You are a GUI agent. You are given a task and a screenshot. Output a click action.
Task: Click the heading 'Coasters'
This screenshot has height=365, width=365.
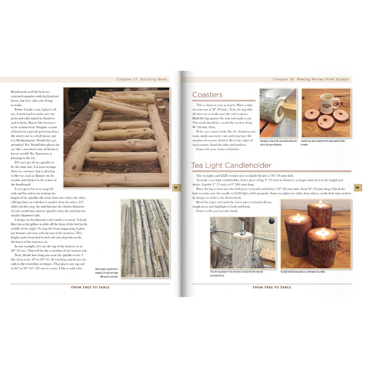(x=207, y=95)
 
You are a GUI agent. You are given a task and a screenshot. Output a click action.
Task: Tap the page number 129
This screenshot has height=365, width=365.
(x=175, y=187)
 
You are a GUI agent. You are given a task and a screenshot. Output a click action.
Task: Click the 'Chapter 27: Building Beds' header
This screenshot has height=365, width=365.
(x=142, y=79)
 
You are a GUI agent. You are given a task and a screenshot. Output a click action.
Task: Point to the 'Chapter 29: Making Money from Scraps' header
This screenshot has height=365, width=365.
(x=311, y=79)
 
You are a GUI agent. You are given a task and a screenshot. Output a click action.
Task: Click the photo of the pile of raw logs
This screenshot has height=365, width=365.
(x=145, y=238)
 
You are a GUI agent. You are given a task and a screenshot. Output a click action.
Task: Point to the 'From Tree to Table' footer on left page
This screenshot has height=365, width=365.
(x=90, y=287)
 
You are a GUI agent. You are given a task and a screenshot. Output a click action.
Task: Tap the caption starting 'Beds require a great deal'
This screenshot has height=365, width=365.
(x=106, y=272)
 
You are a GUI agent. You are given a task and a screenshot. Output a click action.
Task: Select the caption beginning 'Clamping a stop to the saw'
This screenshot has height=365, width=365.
(x=278, y=143)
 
